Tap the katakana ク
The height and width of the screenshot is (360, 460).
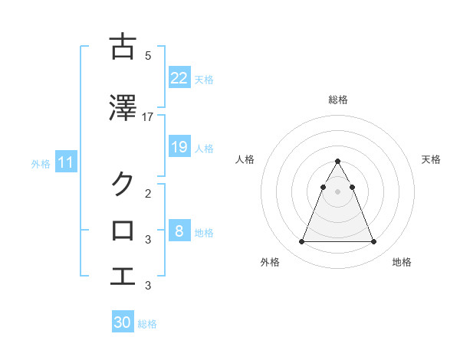(x=123, y=183)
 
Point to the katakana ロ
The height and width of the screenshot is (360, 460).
(x=123, y=229)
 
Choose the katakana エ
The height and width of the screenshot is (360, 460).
(x=123, y=275)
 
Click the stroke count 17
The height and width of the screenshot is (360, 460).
(x=148, y=116)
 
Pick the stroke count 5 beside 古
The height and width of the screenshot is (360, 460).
(x=148, y=55)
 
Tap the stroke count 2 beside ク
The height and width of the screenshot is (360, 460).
(x=148, y=194)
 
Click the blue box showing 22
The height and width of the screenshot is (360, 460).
(x=179, y=78)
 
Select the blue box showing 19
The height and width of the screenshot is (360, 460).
(x=179, y=147)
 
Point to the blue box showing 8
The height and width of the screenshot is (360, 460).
(x=179, y=231)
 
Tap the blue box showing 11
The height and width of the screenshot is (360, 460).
(x=65, y=162)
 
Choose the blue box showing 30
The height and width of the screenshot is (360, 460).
(x=123, y=322)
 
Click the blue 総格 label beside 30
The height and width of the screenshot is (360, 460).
(x=147, y=324)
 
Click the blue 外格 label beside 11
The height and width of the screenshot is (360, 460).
(x=41, y=163)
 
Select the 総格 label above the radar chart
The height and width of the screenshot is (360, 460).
(x=338, y=100)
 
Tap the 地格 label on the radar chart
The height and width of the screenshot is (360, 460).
(x=402, y=262)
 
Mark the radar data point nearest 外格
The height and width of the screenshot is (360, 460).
(x=301, y=242)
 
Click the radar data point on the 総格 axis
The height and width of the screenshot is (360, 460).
(x=338, y=162)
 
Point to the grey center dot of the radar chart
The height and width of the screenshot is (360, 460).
(x=338, y=191)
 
